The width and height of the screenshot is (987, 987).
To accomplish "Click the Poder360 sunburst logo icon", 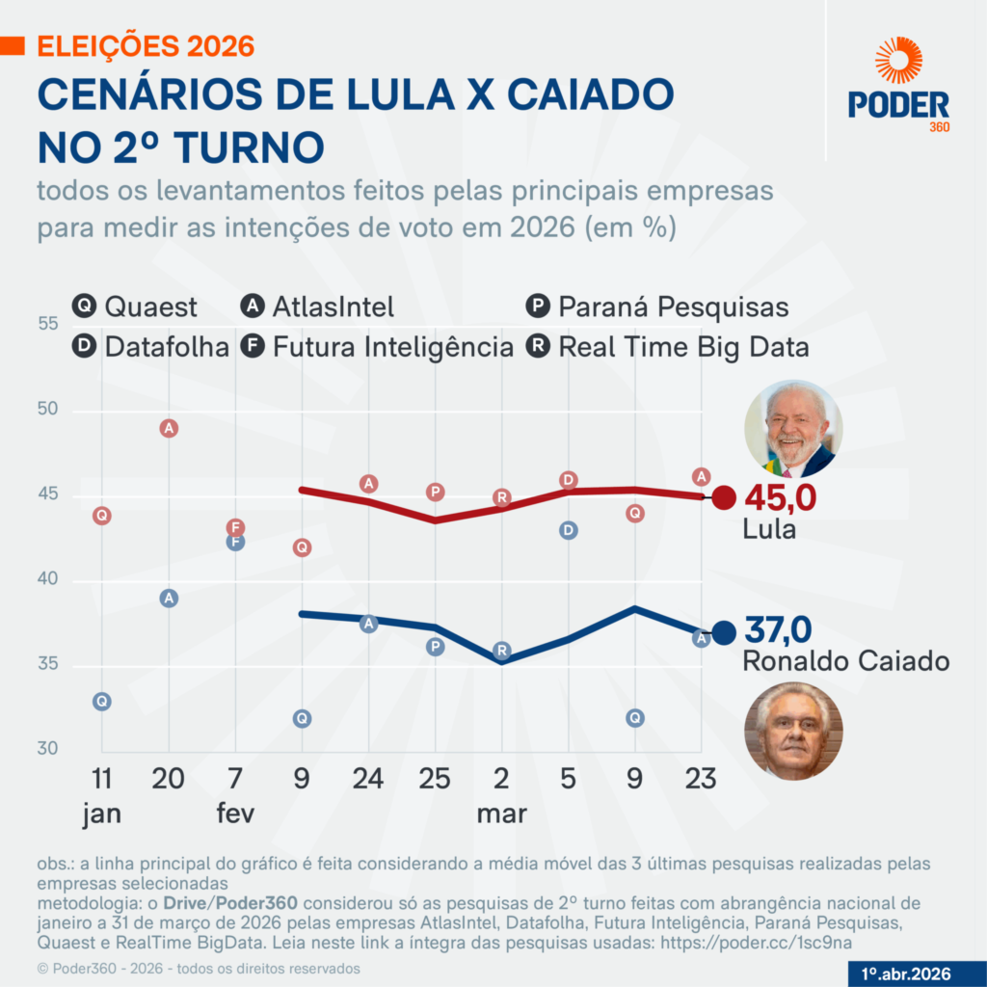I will pos(898,60).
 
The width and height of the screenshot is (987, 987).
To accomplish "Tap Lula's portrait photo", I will pos(793,429).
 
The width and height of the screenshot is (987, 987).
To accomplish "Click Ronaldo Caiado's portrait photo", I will pos(793,731).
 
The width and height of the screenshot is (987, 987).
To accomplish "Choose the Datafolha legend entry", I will pos(150,346).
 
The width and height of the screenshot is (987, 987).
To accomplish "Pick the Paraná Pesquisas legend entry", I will pos(657,307).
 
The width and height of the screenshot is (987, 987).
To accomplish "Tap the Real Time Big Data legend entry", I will pos(667,346).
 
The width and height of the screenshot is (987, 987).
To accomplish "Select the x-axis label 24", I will pos(368,779).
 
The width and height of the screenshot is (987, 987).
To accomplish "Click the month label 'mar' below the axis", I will pos(501,814).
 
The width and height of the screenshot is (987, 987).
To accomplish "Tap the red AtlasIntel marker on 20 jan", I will pos(169,428).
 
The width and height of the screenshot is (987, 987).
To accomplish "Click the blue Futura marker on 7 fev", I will pos(235,543).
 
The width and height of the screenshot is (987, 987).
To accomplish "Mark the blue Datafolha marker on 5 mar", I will pos(569,530).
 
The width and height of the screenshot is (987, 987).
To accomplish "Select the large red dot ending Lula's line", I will pos(724,498).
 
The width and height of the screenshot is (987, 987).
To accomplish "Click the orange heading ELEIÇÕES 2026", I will pos(145,45).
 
